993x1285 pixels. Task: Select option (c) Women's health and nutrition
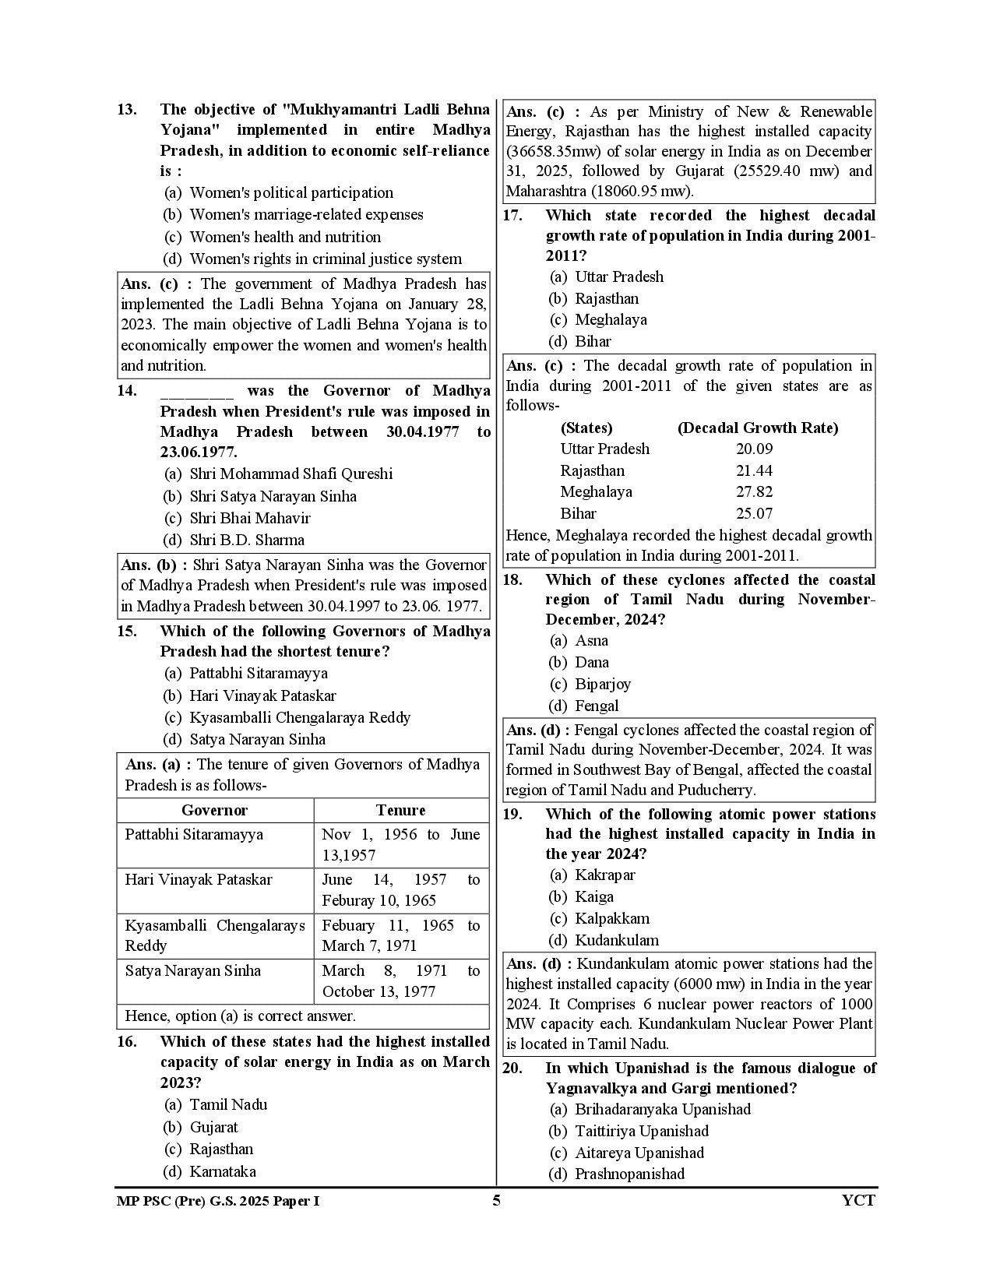(285, 237)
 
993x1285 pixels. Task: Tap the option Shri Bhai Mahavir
(249, 518)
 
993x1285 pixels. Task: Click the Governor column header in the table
(214, 810)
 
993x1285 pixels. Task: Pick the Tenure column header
(400, 810)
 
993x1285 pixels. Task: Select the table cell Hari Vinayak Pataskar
(199, 880)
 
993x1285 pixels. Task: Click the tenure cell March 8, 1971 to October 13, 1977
(400, 981)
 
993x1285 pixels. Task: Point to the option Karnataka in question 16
(223, 1171)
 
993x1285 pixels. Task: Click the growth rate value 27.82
(754, 492)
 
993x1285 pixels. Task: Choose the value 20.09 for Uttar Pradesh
(754, 449)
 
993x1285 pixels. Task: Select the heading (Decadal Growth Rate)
(757, 428)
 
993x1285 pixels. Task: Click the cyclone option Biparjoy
(603, 684)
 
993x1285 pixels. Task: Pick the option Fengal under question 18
(597, 706)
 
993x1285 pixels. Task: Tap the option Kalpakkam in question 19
(611, 918)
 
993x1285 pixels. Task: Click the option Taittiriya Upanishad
(641, 1131)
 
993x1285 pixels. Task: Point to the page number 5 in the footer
(496, 1200)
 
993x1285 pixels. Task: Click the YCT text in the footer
(858, 1200)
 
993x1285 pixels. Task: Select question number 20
(512, 1068)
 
